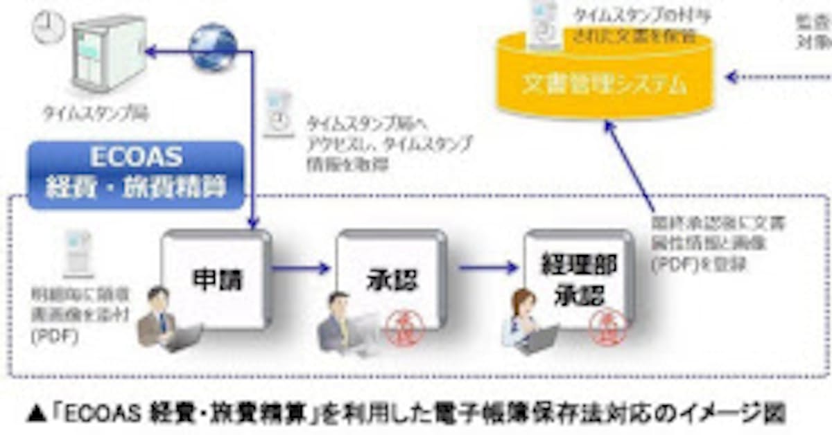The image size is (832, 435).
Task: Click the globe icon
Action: tap(213, 46)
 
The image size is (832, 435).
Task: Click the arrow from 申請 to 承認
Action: tap(300, 267)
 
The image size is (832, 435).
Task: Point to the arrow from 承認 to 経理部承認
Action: tap(487, 267)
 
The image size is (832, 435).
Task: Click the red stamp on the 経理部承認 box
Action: tap(608, 326)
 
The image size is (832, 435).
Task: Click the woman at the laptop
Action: tap(527, 323)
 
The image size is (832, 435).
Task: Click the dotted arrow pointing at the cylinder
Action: tap(777, 77)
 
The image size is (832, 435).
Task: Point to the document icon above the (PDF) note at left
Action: tap(77, 251)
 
